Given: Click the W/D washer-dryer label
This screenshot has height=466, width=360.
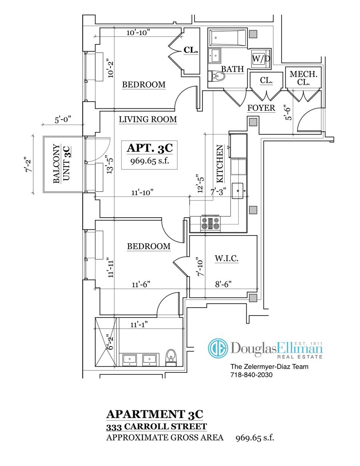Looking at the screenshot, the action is (x=261, y=58).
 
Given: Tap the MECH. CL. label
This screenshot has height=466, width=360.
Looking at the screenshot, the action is (x=304, y=78).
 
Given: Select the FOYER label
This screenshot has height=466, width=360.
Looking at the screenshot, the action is (x=261, y=108).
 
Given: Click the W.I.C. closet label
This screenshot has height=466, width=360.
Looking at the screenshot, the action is (x=226, y=259).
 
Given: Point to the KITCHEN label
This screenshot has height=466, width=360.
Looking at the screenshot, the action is (x=220, y=164).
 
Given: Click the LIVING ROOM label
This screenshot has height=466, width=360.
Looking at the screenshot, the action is (x=148, y=119).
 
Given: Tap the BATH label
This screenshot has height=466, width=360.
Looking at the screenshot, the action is (x=232, y=69).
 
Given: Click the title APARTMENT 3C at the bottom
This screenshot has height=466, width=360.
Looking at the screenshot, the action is (x=157, y=413).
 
